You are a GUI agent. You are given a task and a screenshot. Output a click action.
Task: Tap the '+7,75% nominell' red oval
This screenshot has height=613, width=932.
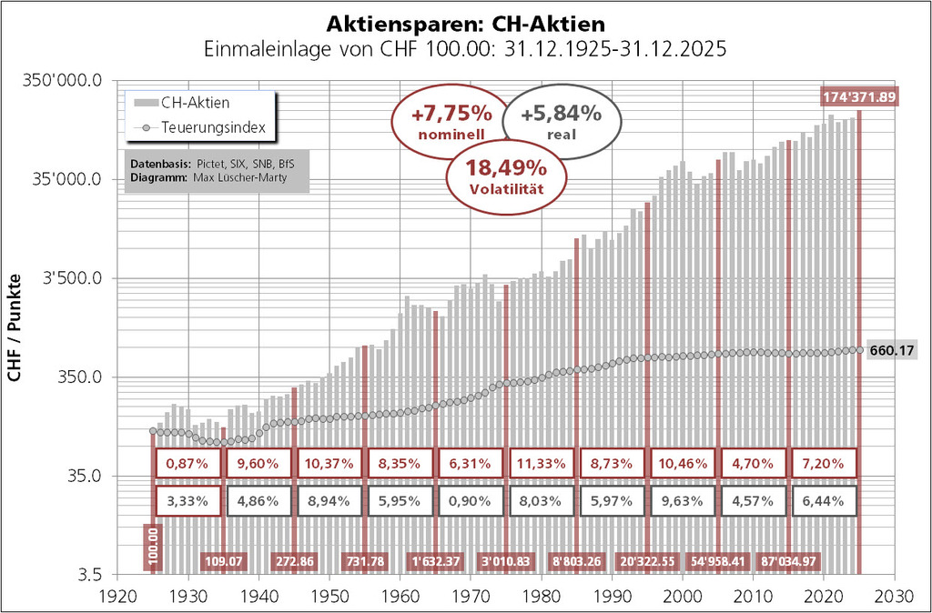coord(451,122)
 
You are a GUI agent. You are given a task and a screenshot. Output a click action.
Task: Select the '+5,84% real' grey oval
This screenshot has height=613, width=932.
coord(562,122)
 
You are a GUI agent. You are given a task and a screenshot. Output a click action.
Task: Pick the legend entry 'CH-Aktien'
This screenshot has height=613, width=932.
coord(194,103)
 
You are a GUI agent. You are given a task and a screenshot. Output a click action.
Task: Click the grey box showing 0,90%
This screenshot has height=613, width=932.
coord(471,500)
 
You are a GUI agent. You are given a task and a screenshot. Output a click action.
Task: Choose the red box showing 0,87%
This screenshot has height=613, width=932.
coord(188,463)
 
